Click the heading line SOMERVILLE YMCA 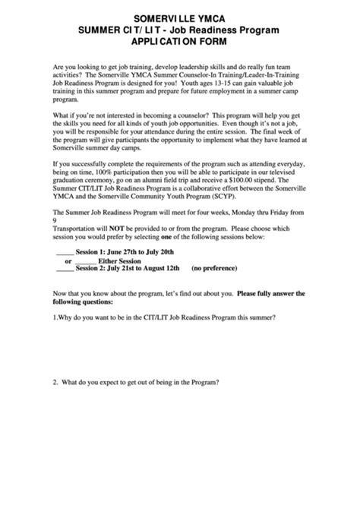[179, 16]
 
